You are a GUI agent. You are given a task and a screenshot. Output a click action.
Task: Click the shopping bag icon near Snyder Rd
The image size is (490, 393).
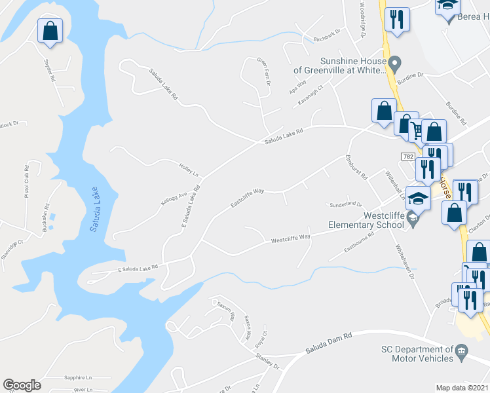click(50, 30)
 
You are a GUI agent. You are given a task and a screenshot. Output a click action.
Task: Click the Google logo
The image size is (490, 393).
click(22, 385)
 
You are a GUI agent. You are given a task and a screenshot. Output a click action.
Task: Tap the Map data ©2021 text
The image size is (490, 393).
click(462, 388)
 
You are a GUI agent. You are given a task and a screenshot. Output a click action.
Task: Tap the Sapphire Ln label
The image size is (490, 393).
click(78, 378)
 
